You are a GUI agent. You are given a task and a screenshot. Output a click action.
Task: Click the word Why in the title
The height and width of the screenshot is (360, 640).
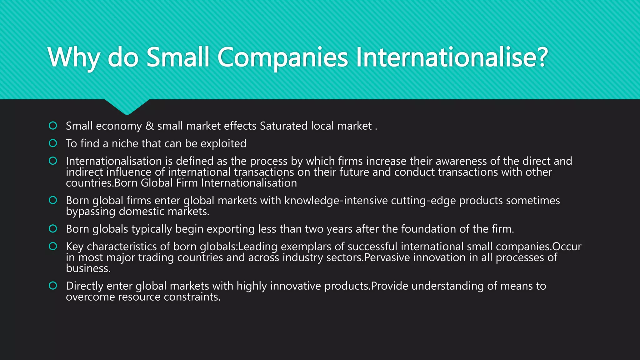[74, 57]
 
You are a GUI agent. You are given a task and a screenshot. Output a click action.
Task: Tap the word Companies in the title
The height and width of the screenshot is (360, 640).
[282, 57]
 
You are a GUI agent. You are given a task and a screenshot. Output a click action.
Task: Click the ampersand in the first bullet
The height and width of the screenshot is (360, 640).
[149, 126]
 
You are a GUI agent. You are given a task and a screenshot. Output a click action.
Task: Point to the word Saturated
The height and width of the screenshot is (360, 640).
[284, 126]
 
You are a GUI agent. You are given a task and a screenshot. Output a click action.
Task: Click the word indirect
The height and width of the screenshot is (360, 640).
[84, 172]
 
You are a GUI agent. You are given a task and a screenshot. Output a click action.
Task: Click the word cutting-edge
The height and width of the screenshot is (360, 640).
[423, 200]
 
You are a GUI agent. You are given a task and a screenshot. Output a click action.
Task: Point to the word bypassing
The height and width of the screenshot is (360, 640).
[91, 212]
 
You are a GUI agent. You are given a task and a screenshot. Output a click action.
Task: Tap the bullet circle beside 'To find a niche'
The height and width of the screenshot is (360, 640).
[53, 143]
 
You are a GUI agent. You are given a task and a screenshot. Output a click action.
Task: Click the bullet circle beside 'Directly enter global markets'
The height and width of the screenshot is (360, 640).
[53, 286]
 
